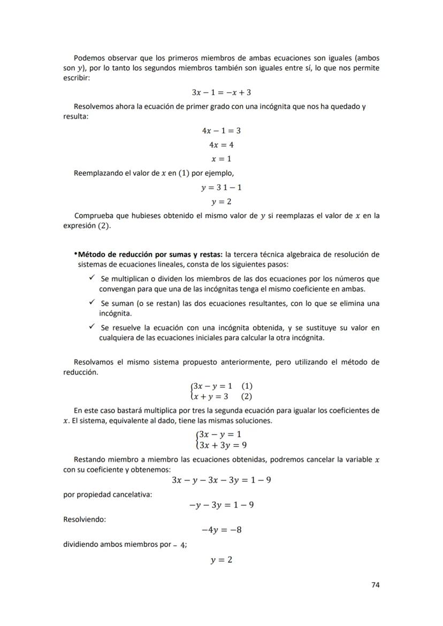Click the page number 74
[375, 585]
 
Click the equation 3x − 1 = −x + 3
[221, 92]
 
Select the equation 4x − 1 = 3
[221, 130]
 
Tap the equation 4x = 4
[221, 145]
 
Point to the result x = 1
[221, 159]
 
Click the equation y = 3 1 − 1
[221, 188]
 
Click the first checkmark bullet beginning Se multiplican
[92, 278]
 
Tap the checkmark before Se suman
[92, 303]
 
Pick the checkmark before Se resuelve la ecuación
[92, 327]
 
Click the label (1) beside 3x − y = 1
[247, 386]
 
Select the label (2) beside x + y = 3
[247, 397]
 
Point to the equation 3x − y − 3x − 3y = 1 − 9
[221, 480]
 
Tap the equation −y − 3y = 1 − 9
[221, 505]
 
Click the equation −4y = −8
[221, 530]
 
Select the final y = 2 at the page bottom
[221, 560]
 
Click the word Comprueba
[95, 216]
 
